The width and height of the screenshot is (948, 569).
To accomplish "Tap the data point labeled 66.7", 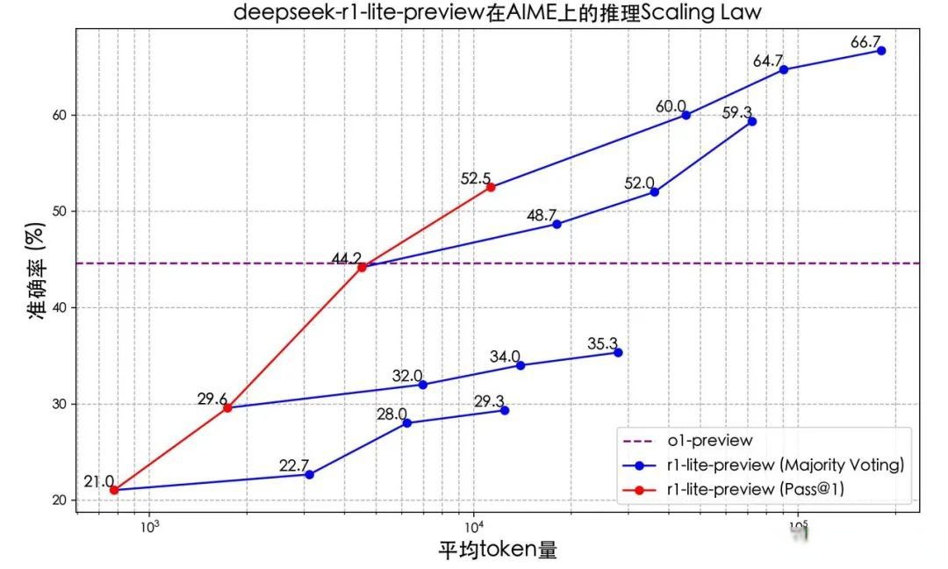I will point(881,51).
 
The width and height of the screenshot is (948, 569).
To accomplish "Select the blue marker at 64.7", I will point(783,69).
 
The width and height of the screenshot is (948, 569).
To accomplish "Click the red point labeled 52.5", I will point(491,187).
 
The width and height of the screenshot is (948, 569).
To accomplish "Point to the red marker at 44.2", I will point(362,267).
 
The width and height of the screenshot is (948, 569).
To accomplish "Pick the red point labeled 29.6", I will point(227,407).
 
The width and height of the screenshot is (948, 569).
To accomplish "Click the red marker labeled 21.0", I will point(114,490).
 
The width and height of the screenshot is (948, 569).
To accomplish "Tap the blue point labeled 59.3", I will point(751,121).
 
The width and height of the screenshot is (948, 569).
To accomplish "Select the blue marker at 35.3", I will point(618,352).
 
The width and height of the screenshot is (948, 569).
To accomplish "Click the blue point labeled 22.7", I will point(309,474).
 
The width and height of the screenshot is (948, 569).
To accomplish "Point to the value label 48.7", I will point(542,215).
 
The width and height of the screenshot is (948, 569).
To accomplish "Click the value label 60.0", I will point(671,106).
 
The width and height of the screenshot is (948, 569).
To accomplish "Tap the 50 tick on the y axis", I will point(57,212).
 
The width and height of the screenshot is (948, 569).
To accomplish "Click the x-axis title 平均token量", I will point(498,551).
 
